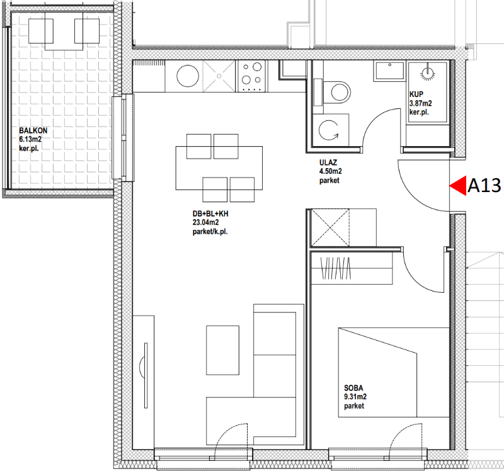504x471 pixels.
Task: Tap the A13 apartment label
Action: (x=484, y=186)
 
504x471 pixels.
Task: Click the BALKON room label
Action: (x=33, y=131)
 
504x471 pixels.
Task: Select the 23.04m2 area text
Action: (x=206, y=222)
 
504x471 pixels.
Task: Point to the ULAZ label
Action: (x=328, y=162)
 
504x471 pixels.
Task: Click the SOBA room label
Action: (x=353, y=388)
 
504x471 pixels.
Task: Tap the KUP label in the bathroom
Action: (x=416, y=94)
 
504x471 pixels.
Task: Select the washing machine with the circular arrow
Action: (x=331, y=130)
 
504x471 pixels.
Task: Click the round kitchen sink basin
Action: (x=188, y=76)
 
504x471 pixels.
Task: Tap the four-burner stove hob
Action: (x=251, y=76)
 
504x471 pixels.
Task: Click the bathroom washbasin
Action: (x=389, y=71)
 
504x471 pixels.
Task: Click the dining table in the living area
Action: (x=219, y=168)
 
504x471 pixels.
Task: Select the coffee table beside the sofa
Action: (x=222, y=350)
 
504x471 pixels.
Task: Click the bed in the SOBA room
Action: (x=393, y=373)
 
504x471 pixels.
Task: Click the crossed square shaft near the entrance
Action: (x=330, y=227)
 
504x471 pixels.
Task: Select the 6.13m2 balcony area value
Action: (x=30, y=139)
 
